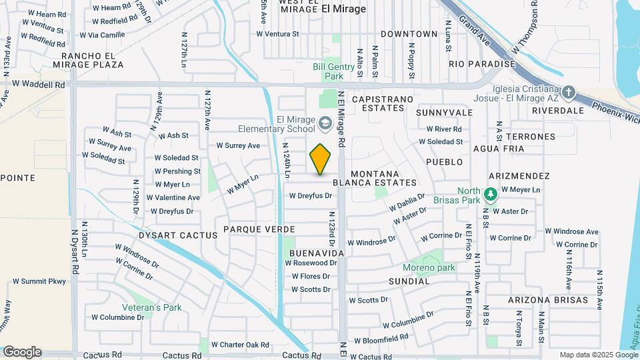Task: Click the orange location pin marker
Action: (x=321, y=159)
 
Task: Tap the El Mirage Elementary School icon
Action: (x=325, y=122)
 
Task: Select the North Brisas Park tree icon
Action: (x=491, y=194)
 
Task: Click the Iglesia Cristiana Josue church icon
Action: (x=568, y=91)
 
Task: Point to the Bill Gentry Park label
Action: (x=329, y=71)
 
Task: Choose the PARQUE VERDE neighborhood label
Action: (x=259, y=229)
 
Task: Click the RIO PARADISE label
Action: (x=482, y=64)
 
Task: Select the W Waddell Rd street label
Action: (x=39, y=85)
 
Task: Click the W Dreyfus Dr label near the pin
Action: (x=310, y=195)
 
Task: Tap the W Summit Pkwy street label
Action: (x=39, y=281)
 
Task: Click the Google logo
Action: (x=22, y=352)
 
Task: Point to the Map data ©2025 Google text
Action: (x=598, y=355)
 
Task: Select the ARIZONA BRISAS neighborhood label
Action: (x=548, y=300)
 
